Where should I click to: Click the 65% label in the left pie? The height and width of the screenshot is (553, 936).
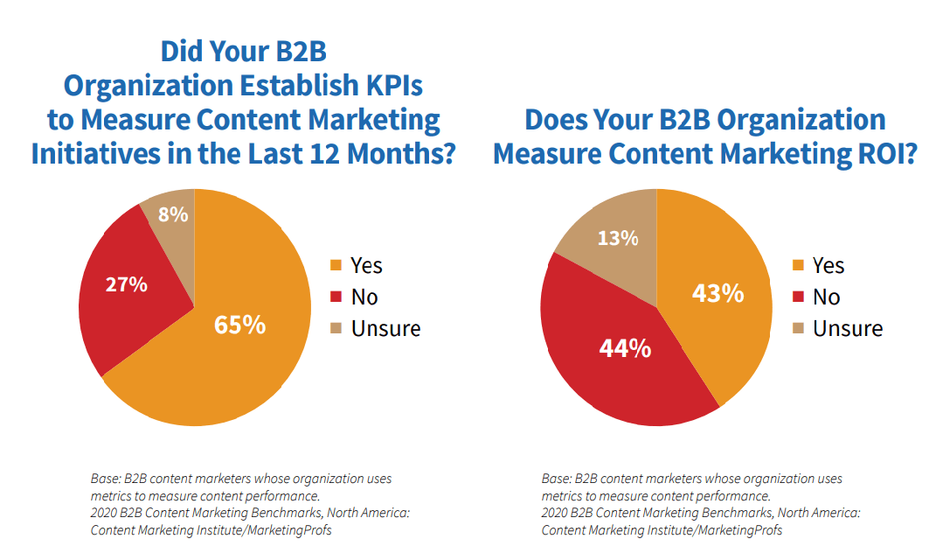click(240, 325)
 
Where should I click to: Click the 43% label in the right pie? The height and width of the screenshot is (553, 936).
click(718, 293)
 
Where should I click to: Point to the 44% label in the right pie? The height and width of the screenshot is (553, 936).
click(625, 348)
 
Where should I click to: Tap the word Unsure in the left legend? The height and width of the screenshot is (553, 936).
click(385, 328)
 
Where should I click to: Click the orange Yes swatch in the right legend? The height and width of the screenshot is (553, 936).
click(797, 266)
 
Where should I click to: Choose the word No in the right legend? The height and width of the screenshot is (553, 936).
click(826, 297)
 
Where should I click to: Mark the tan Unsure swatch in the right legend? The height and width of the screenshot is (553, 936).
click(797, 329)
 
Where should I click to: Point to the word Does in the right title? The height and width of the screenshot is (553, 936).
click(558, 119)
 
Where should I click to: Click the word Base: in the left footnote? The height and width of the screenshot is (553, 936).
click(105, 479)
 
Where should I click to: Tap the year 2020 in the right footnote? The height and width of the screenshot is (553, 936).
click(556, 513)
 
